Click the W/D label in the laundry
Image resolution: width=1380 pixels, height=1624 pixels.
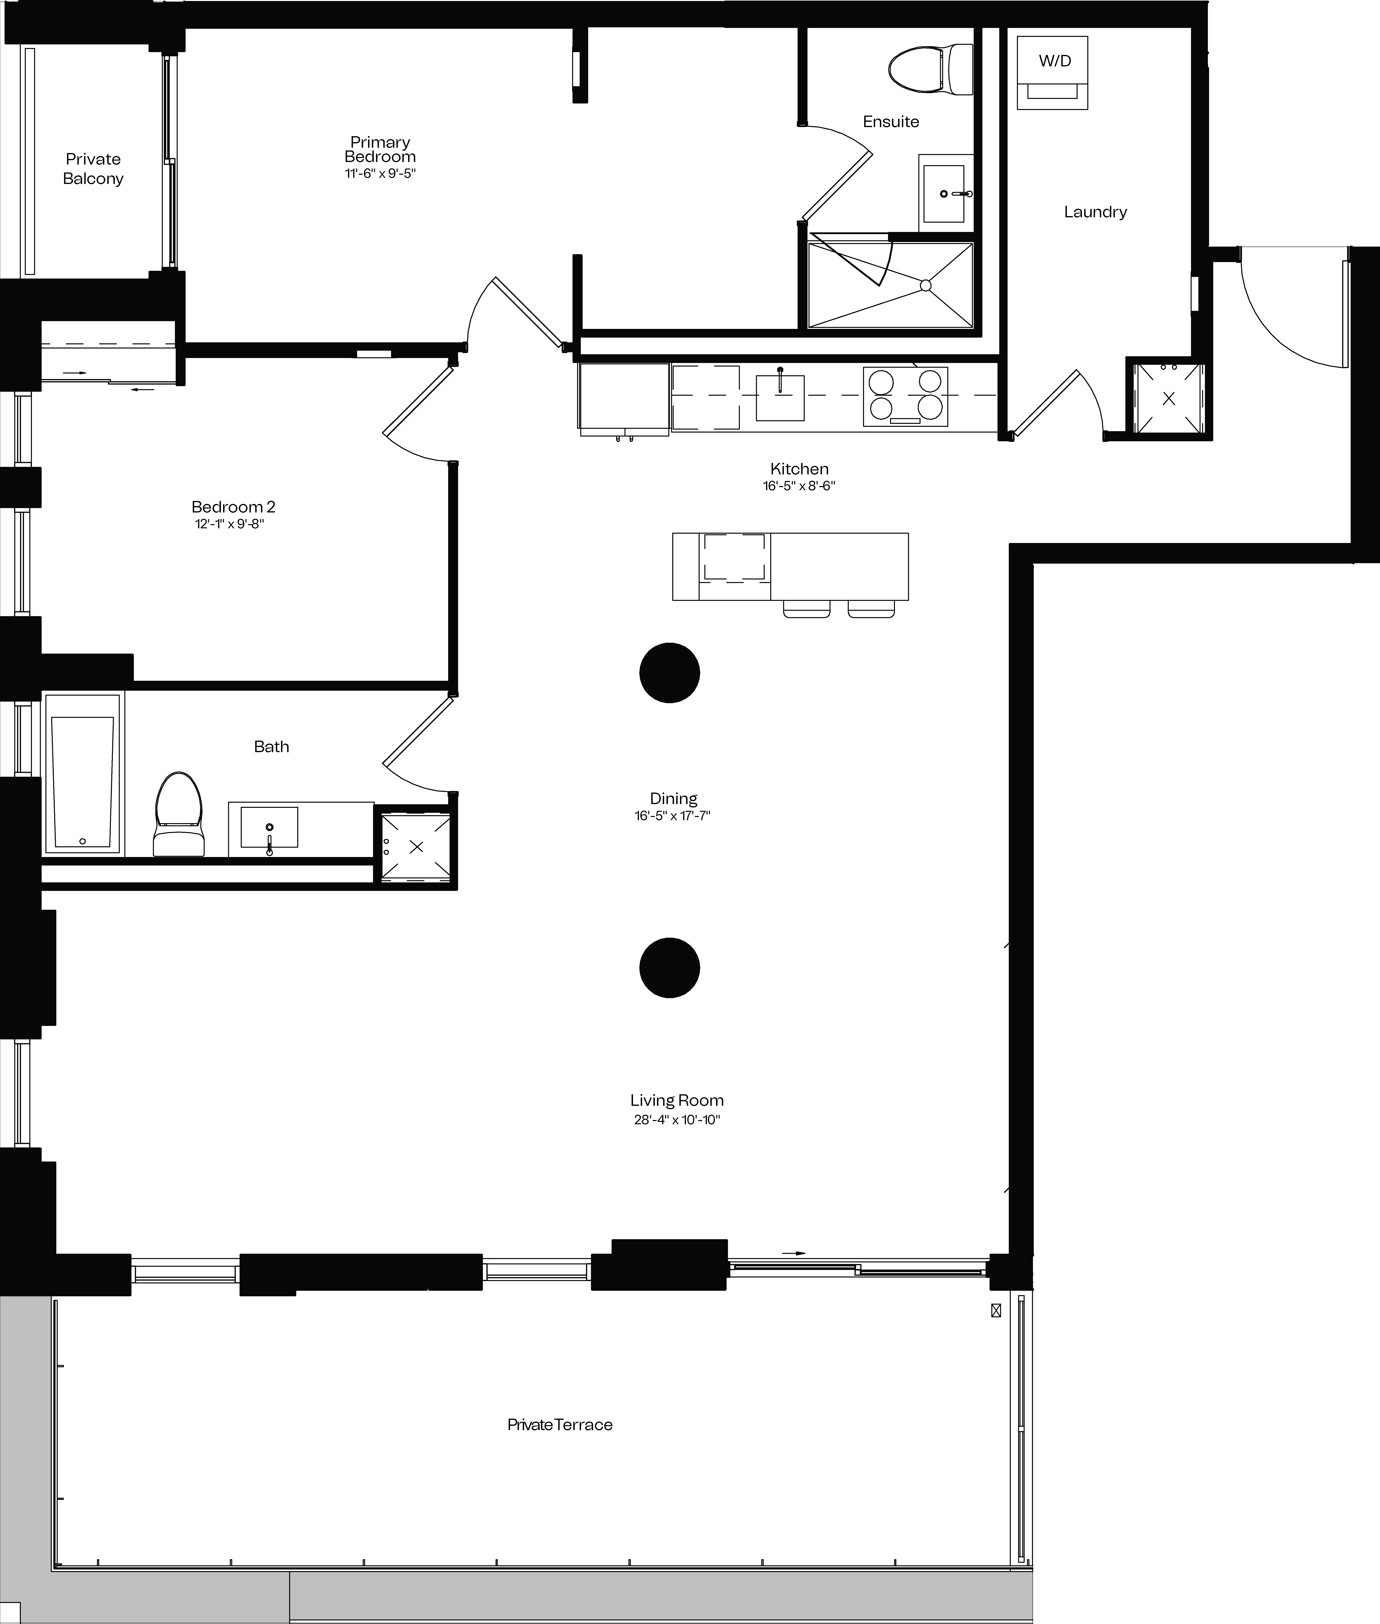coord(1055,61)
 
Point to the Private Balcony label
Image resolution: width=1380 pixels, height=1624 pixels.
coord(93,169)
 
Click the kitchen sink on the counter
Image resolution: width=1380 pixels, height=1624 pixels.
coord(780,397)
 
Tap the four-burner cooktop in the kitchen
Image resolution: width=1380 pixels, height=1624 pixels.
coord(905,396)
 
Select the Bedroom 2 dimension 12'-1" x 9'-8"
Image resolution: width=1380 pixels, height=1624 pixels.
coord(229,524)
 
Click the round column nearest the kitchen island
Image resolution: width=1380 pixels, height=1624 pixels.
coord(670,672)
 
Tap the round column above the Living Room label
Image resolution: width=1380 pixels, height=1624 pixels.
coord(670,968)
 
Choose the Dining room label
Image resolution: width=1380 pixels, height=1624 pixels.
coord(674,798)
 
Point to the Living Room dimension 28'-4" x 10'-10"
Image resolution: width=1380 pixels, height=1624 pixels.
coord(677,1120)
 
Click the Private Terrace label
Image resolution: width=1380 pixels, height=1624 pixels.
coord(560,1425)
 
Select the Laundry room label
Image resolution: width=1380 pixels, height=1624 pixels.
coord(1095,212)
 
